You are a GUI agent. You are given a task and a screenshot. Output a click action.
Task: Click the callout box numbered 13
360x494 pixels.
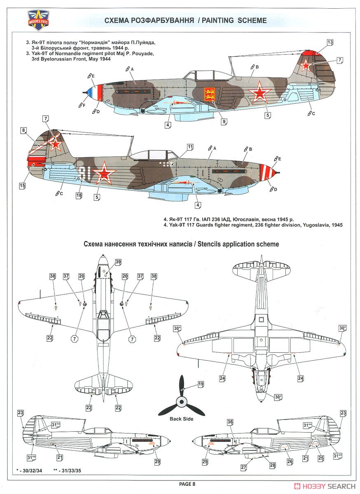point(330,42)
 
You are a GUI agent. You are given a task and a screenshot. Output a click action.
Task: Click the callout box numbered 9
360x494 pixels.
point(224,121)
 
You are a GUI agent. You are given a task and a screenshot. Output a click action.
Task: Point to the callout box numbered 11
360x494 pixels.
point(190,147)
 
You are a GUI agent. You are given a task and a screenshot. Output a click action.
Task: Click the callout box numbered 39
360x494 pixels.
point(118,262)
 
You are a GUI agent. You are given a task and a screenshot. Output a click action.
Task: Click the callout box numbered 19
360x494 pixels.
point(201,384)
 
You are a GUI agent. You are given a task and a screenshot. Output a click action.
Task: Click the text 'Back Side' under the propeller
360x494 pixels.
point(181,419)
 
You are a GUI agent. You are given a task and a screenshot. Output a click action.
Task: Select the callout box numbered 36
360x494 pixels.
point(230,422)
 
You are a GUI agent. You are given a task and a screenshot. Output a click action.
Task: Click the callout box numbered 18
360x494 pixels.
point(79,196)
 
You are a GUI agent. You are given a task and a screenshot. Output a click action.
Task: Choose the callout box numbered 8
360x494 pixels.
point(23,131)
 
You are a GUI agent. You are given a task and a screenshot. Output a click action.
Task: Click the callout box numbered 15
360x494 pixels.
point(22,186)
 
